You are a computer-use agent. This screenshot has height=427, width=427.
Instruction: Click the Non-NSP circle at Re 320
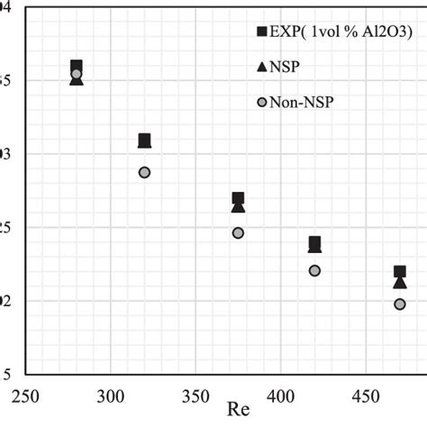(144, 172)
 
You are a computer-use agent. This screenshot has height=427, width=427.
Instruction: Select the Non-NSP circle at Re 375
(238, 232)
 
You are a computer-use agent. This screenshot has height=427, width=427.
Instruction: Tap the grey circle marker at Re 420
(314, 270)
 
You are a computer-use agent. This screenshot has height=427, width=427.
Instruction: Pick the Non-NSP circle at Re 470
(399, 304)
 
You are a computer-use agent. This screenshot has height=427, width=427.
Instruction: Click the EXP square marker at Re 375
(238, 198)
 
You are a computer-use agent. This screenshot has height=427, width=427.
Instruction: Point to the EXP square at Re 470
(399, 271)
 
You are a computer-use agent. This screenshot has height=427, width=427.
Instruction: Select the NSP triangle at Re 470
(399, 283)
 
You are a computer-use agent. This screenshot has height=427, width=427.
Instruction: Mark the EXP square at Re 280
(77, 66)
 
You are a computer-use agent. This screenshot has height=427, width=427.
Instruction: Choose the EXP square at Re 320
(144, 140)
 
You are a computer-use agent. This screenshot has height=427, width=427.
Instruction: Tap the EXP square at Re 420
(314, 241)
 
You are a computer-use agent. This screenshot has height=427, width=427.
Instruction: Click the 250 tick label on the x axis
(25, 395)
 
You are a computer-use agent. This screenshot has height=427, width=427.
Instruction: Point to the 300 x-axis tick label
(110, 395)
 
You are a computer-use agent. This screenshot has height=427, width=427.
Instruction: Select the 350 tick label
(195, 395)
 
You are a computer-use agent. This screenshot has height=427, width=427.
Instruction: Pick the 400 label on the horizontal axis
(280, 395)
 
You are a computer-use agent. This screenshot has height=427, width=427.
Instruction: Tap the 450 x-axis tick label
(365, 395)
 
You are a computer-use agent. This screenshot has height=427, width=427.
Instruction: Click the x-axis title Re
(238, 413)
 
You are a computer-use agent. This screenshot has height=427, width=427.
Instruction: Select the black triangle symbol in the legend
(262, 67)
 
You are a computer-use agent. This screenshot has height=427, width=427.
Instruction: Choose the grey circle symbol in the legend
(262, 102)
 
